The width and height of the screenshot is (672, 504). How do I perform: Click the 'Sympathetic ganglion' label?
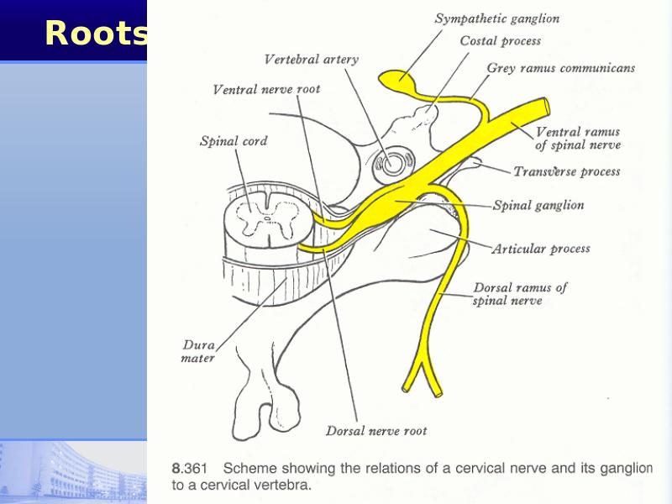click(x=497, y=18)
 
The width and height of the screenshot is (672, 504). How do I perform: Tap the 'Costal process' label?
click(x=500, y=41)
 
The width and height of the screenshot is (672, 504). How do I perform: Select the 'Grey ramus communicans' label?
click(x=561, y=68)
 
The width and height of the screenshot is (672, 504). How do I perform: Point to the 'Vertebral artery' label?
click(x=311, y=59)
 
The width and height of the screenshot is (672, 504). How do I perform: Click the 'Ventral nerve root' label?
click(x=266, y=89)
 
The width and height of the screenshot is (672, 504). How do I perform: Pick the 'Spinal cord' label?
click(x=234, y=141)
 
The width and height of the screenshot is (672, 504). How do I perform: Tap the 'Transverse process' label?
click(x=566, y=171)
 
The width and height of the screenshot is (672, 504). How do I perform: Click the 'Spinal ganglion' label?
click(x=538, y=205)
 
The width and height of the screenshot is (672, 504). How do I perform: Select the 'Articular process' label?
click(x=541, y=249)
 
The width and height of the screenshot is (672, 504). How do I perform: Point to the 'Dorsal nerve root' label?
click(x=376, y=431)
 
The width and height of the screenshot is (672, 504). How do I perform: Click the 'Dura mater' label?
click(x=198, y=351)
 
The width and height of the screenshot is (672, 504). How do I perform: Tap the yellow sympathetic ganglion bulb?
click(x=396, y=80)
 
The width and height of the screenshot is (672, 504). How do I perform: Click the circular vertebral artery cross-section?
click(x=391, y=163)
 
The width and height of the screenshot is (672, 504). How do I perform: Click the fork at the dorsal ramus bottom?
click(x=423, y=364)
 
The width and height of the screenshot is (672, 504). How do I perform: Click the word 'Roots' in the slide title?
click(x=96, y=33)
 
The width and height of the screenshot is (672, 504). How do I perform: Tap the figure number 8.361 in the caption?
click(x=190, y=468)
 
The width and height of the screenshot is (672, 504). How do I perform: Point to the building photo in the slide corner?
click(x=73, y=472)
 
